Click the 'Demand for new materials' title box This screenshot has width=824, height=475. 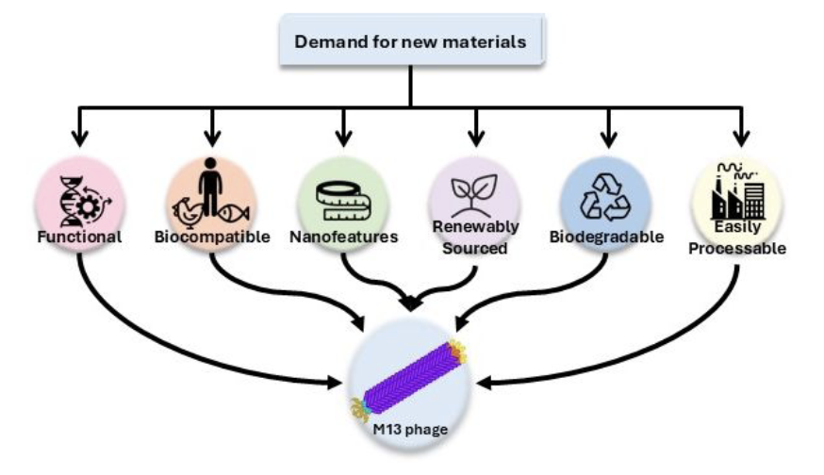[x=411, y=41]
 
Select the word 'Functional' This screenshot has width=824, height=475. [x=79, y=237]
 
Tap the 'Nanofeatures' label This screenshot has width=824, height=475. [x=343, y=237]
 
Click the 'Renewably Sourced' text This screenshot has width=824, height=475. [x=475, y=237]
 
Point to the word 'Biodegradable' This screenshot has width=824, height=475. [x=606, y=236]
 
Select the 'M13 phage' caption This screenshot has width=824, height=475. [x=409, y=431]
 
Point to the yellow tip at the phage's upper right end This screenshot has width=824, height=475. [x=457, y=351]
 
